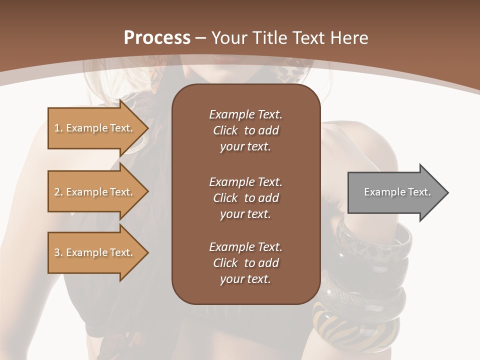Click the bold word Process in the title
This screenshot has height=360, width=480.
click(157, 38)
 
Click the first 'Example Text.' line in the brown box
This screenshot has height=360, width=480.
click(245, 114)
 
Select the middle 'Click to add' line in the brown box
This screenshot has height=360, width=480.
click(245, 198)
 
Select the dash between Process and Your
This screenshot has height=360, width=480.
click(201, 38)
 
